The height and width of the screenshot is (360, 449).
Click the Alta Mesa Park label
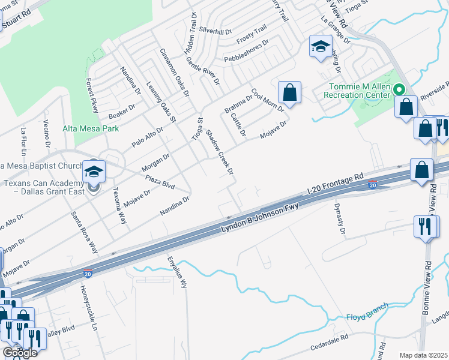(91, 128)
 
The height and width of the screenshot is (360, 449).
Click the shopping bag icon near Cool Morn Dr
(289, 92)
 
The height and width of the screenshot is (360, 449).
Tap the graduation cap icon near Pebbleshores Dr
(321, 46)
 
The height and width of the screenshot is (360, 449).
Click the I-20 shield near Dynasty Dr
(372, 184)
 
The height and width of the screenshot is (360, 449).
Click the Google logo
(19, 353)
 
